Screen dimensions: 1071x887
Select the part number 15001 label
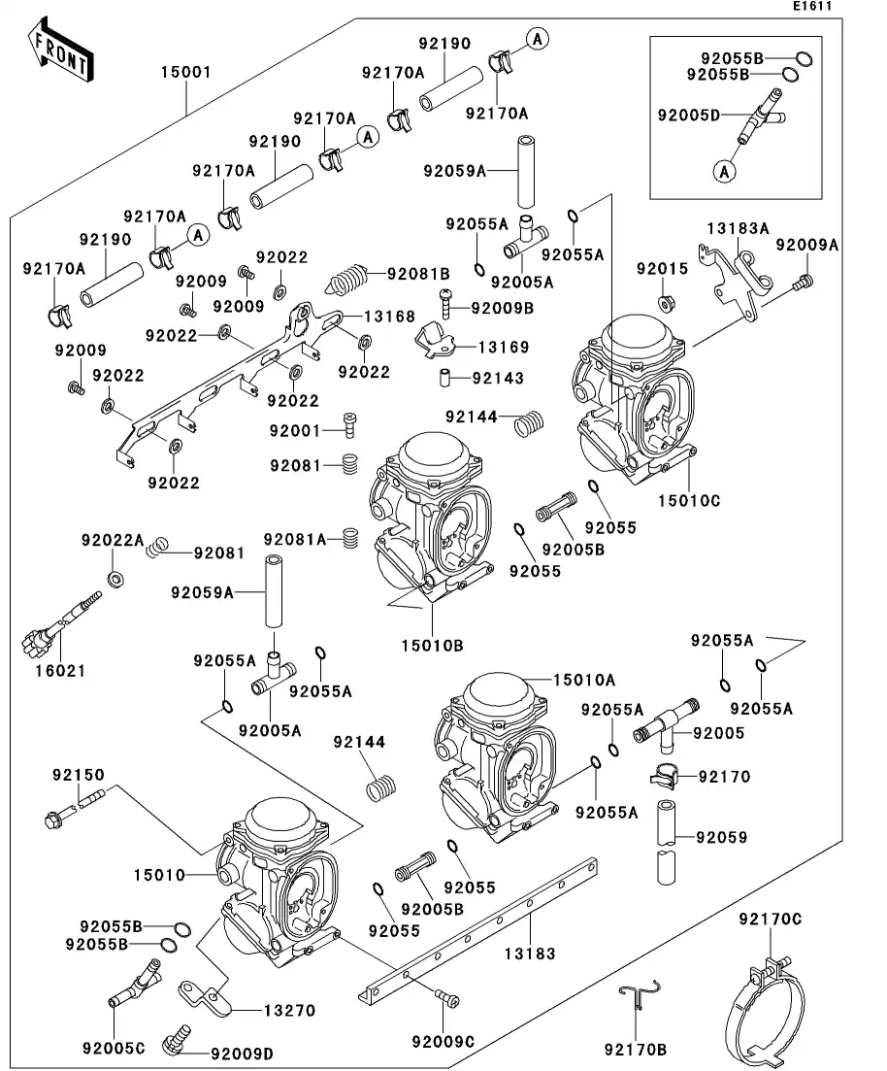pos(186,73)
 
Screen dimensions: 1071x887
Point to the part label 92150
pos(78,776)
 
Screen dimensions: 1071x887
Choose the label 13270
pos(290,1011)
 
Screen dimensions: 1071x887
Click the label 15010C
pos(689,501)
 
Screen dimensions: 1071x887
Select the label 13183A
pos(738,229)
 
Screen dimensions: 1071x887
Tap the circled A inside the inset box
pos(723,172)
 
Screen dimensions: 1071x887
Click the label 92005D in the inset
pos(688,115)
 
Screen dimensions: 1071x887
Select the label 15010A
pos(585,682)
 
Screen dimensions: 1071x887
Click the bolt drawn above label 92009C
pos(445,997)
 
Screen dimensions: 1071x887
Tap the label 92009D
pos(242,1053)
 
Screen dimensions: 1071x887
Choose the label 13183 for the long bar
pos(530,954)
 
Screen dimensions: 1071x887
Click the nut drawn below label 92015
pos(667,302)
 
